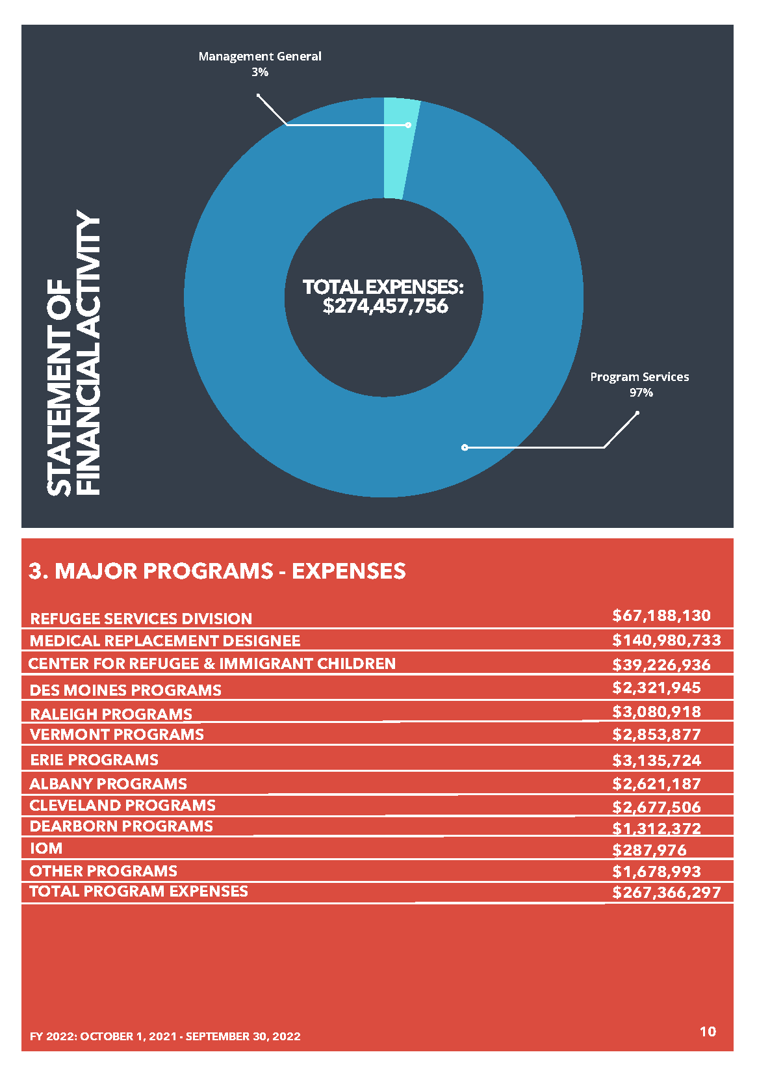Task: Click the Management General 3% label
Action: pyautogui.click(x=260, y=64)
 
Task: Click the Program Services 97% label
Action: pyautogui.click(x=639, y=384)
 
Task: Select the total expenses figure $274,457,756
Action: pyautogui.click(x=385, y=306)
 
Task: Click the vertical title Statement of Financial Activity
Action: pyautogui.click(x=74, y=353)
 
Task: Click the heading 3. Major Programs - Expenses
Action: pyautogui.click(x=217, y=571)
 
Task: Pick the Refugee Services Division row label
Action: pyautogui.click(x=141, y=618)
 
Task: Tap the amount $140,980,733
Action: pyautogui.click(x=666, y=640)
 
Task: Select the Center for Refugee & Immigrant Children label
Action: pyautogui.click(x=212, y=664)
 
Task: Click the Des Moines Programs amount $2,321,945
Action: pyautogui.click(x=656, y=688)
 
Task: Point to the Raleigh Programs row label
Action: pyautogui.click(x=111, y=714)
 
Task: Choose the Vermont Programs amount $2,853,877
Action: pyautogui.click(x=656, y=735)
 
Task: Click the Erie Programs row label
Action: pyautogui.click(x=94, y=759)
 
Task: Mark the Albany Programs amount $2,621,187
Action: pyautogui.click(x=656, y=784)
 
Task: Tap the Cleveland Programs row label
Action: pyautogui.click(x=122, y=806)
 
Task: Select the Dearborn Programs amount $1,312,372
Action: pyautogui.click(x=656, y=829)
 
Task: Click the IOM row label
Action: pyautogui.click(x=46, y=848)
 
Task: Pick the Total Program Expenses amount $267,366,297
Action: pyautogui.click(x=666, y=893)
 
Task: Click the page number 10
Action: pyautogui.click(x=708, y=1031)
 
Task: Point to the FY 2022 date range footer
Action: pyautogui.click(x=165, y=1036)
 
